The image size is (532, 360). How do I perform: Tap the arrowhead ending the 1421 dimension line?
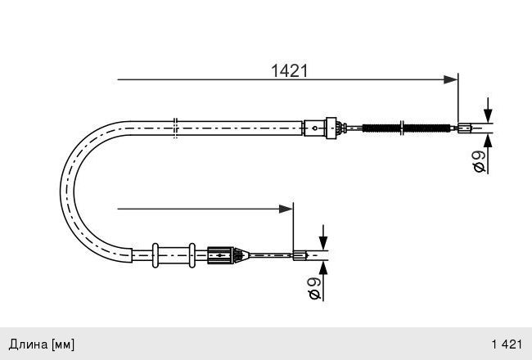pyautogui.click(x=450, y=79)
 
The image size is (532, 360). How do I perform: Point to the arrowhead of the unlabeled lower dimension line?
pyautogui.click(x=286, y=209)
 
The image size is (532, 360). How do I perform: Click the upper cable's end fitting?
pyautogui.click(x=464, y=127)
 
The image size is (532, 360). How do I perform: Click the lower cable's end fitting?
pyautogui.click(x=300, y=255)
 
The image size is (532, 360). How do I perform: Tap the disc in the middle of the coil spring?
pyautogui.click(x=401, y=127)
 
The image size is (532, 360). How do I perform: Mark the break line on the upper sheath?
pyautogui.click(x=176, y=128)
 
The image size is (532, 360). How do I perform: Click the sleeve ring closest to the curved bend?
pyautogui.click(x=156, y=254)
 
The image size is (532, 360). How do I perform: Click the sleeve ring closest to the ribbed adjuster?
pyautogui.click(x=191, y=254)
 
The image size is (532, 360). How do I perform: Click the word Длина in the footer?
pyautogui.click(x=27, y=343)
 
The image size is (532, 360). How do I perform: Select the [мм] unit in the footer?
pyautogui.click(x=62, y=343)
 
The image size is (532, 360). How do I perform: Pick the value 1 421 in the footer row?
pyautogui.click(x=506, y=343)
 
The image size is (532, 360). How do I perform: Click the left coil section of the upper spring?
pyautogui.click(x=381, y=127)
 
